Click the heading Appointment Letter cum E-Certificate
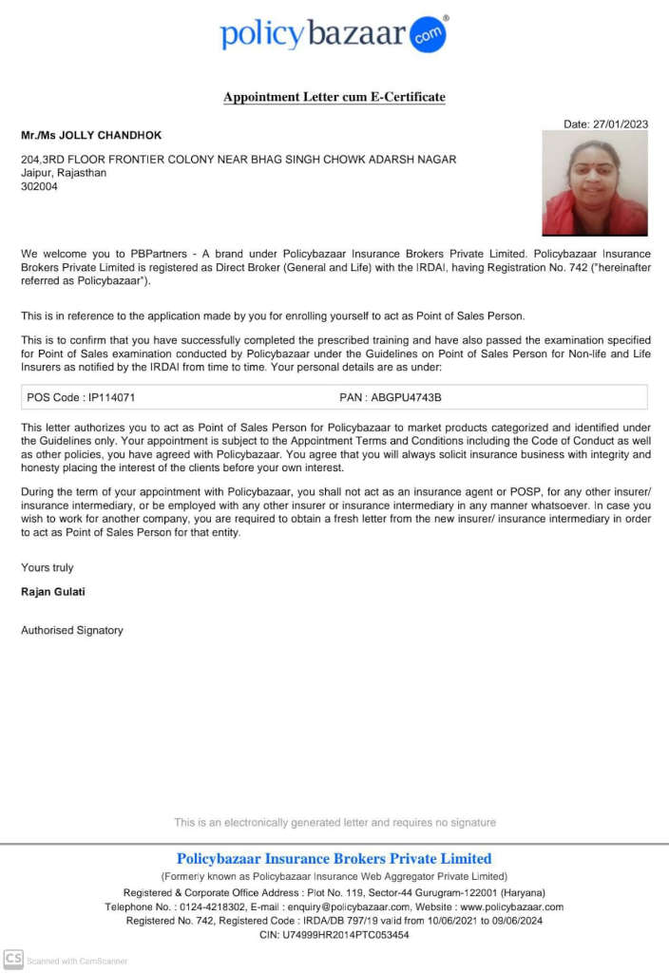pyautogui.click(x=334, y=97)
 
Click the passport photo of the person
pyautogui.click(x=594, y=182)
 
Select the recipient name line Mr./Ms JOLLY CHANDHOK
pyautogui.click(x=91, y=136)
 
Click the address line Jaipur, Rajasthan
pyautogui.click(x=64, y=173)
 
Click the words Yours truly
pyautogui.click(x=48, y=567)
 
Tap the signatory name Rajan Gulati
pyautogui.click(x=55, y=592)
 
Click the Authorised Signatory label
pyautogui.click(x=72, y=630)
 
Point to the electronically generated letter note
pyautogui.click(x=334, y=822)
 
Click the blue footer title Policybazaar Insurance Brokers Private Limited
pyautogui.click(x=334, y=859)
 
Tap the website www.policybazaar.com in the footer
pyautogui.click(x=511, y=907)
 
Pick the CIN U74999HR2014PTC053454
pyautogui.click(x=348, y=935)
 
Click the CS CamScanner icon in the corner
pyautogui.click(x=13, y=959)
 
